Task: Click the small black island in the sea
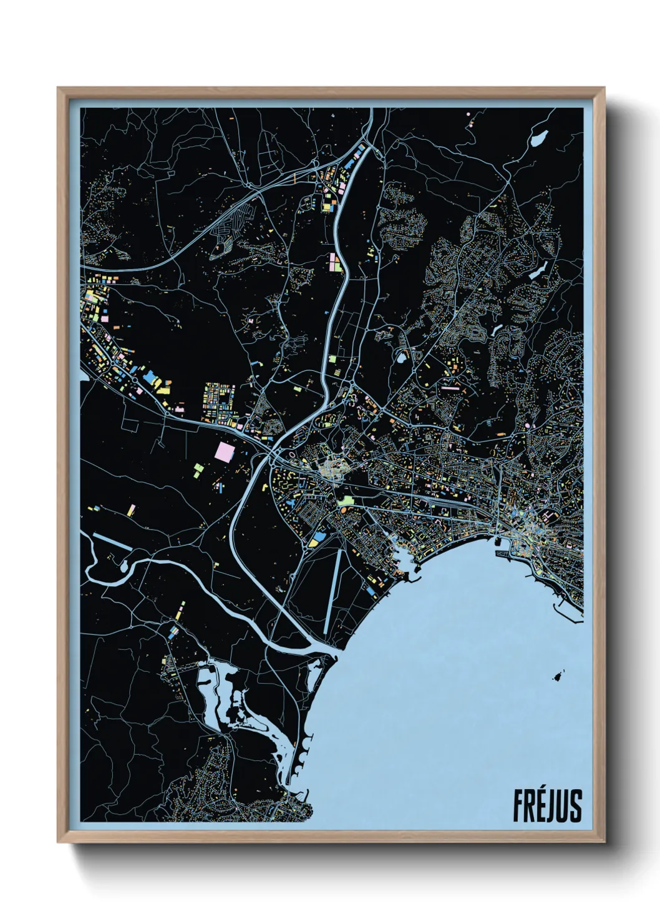[x=558, y=676]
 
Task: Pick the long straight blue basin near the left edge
[x=112, y=541]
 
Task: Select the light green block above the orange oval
[x=345, y=500]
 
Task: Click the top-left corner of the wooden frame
[x=59, y=89]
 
